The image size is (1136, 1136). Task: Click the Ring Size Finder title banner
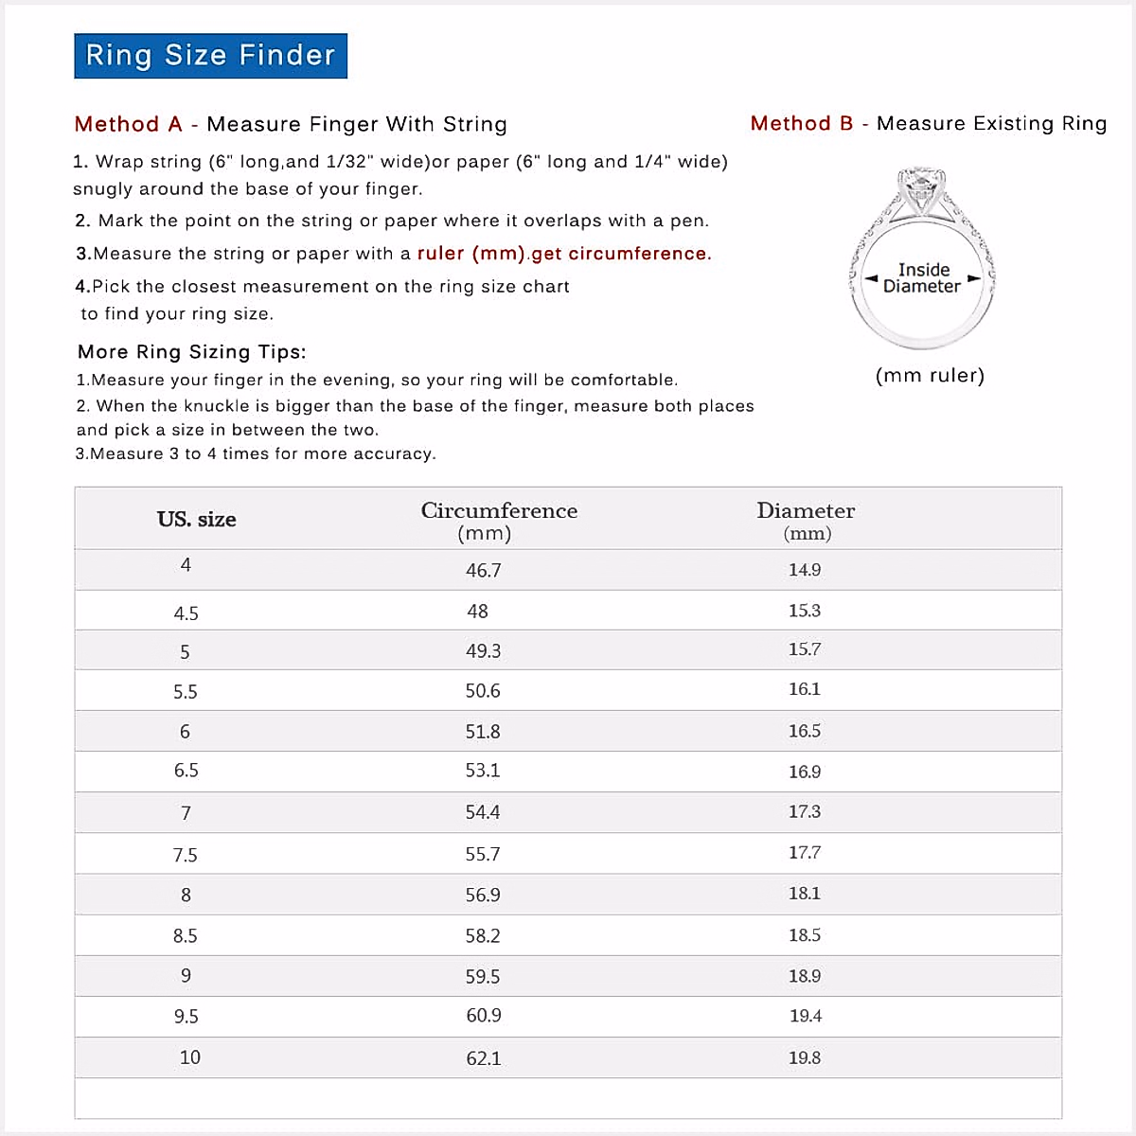(210, 56)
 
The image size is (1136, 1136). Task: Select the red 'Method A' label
(128, 125)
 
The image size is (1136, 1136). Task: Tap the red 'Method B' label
(802, 124)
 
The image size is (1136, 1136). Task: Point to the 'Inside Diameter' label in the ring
(923, 278)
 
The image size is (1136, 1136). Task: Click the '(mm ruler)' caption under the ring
(930, 376)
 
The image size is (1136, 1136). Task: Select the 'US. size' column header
(197, 520)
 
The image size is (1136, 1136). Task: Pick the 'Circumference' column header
(499, 511)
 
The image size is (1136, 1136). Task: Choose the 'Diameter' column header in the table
(806, 511)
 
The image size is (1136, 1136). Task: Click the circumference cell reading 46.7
(483, 571)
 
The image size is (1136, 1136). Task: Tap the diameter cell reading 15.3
(805, 611)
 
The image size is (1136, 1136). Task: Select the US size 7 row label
(186, 813)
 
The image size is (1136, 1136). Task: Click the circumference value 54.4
(483, 812)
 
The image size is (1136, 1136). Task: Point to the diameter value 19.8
(805, 1057)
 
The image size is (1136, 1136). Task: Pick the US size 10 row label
(189, 1057)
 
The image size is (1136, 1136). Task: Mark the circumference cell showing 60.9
(483, 1016)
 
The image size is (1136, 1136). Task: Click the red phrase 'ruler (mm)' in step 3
(470, 254)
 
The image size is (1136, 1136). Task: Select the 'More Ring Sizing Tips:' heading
(192, 352)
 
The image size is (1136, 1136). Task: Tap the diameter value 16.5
(805, 731)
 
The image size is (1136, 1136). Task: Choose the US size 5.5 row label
(186, 692)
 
